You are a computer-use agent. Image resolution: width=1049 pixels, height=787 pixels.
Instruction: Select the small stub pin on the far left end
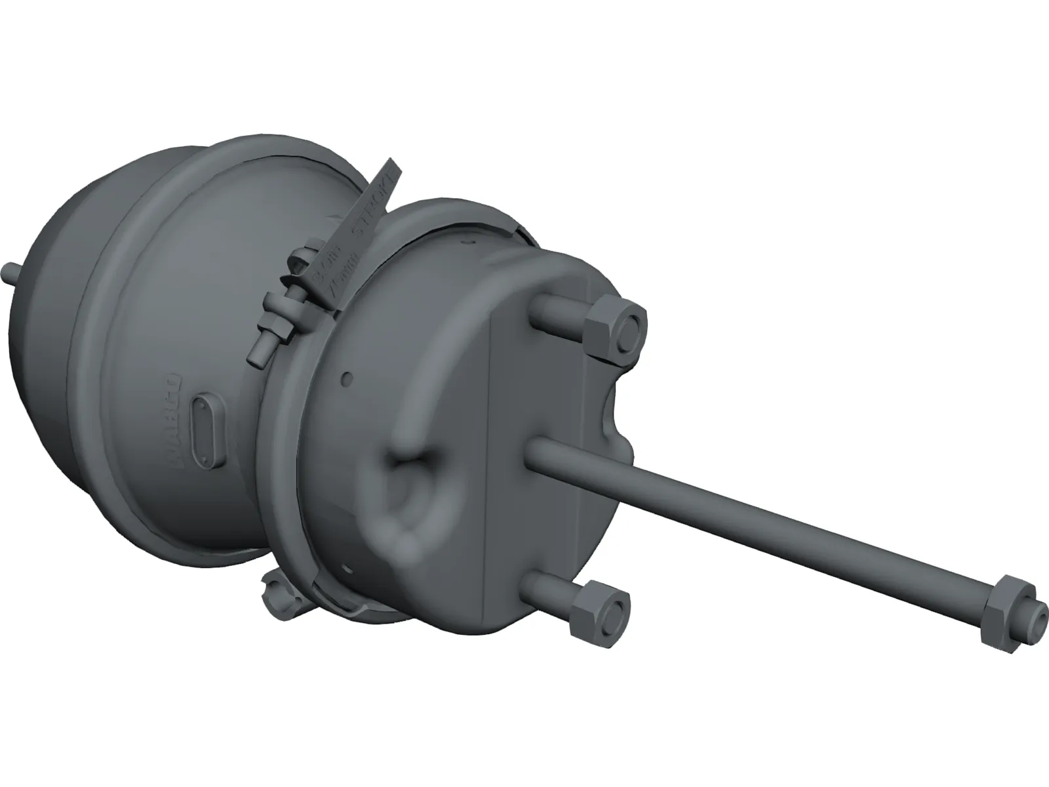pos(12,270)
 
